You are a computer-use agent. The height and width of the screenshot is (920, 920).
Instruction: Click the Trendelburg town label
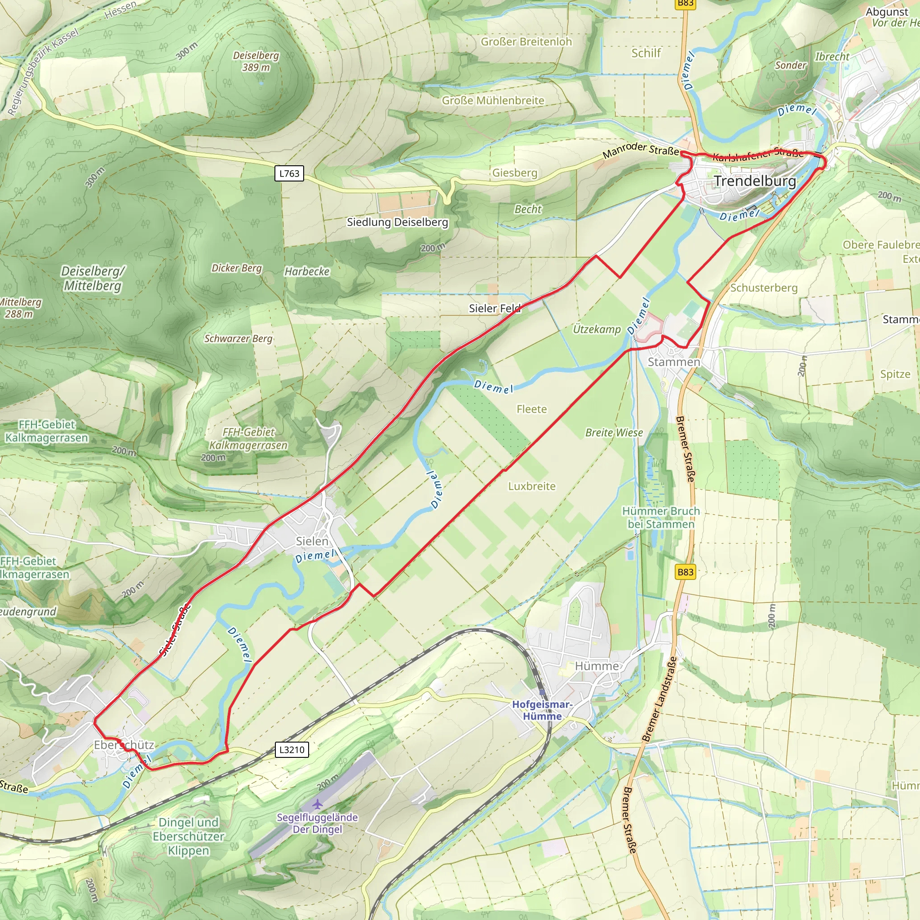pos(754,181)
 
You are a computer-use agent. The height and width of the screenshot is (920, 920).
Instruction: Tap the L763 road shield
pos(289,173)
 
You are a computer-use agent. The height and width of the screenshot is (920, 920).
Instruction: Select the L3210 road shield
pos(292,750)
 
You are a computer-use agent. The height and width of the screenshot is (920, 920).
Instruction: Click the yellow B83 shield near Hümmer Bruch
pos(685,572)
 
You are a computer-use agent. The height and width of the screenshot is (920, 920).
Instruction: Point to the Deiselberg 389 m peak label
pos(256,62)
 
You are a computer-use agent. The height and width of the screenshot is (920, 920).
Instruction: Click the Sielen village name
pos(312,541)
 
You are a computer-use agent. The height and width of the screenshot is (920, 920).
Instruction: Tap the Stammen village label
pos(673,362)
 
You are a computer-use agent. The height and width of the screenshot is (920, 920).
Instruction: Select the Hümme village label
pos(597,666)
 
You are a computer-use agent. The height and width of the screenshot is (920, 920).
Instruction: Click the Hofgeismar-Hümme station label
pos(542,710)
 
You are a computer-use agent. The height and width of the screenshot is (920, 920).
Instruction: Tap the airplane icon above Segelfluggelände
pos(318,804)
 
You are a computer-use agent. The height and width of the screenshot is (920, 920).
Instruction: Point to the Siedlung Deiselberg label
pos(397,222)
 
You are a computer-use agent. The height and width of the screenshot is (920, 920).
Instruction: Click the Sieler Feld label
pos(494,308)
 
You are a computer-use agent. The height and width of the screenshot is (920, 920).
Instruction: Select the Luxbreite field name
pos(531,486)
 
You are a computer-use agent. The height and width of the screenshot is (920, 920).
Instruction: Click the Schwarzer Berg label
pos(239,339)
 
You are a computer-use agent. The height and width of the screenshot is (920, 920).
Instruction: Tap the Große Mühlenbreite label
pos(493,101)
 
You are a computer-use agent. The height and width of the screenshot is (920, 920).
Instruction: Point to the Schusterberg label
pos(763,287)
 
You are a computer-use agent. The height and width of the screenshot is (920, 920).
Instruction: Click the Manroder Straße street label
pos(641,150)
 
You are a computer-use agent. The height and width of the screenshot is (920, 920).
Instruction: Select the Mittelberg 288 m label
pos(19,308)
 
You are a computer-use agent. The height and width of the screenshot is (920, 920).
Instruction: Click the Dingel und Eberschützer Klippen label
pos(189,836)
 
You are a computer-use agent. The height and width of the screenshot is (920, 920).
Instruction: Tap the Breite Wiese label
pos(614,433)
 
